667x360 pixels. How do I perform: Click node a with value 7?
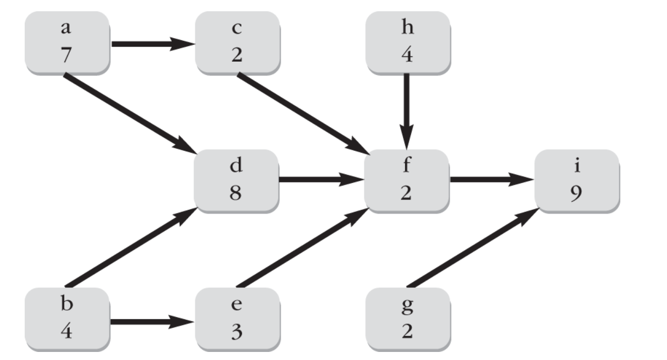coord(67,43)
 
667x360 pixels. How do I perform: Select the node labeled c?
coord(237,43)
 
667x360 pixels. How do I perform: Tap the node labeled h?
coord(408,43)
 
